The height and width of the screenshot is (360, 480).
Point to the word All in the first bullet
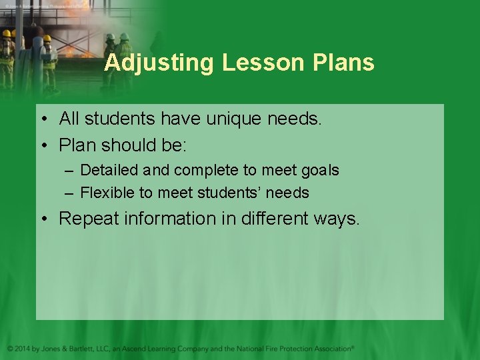pyautogui.click(x=69, y=119)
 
